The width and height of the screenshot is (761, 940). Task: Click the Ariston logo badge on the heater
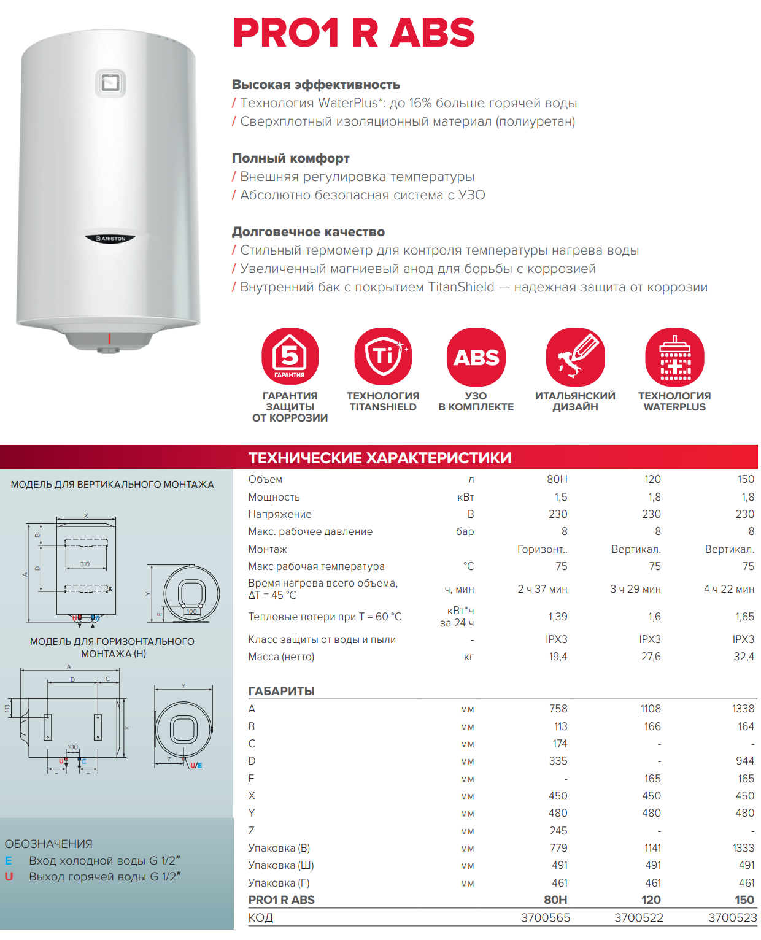110,238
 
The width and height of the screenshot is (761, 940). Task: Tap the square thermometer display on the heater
110,82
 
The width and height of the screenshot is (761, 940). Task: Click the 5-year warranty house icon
290,356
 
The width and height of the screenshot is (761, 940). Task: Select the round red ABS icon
476,356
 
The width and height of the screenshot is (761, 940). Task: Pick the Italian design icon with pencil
575,356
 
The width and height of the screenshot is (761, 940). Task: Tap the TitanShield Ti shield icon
383,356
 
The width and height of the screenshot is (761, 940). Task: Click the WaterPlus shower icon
674,356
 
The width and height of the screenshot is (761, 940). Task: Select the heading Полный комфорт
290,158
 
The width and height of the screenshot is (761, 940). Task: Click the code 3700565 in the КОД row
546,917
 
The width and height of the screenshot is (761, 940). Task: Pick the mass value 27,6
651,657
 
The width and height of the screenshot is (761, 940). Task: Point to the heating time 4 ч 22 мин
729,589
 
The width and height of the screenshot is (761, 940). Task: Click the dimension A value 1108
651,709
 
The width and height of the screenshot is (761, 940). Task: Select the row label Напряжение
280,514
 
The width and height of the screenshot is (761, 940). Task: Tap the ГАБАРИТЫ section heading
281,691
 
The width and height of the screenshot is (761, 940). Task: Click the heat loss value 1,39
557,617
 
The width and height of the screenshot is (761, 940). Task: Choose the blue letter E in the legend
9,861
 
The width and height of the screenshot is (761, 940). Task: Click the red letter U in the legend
9,877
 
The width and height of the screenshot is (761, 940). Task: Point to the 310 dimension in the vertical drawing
85,564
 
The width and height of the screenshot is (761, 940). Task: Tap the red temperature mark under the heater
110,338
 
